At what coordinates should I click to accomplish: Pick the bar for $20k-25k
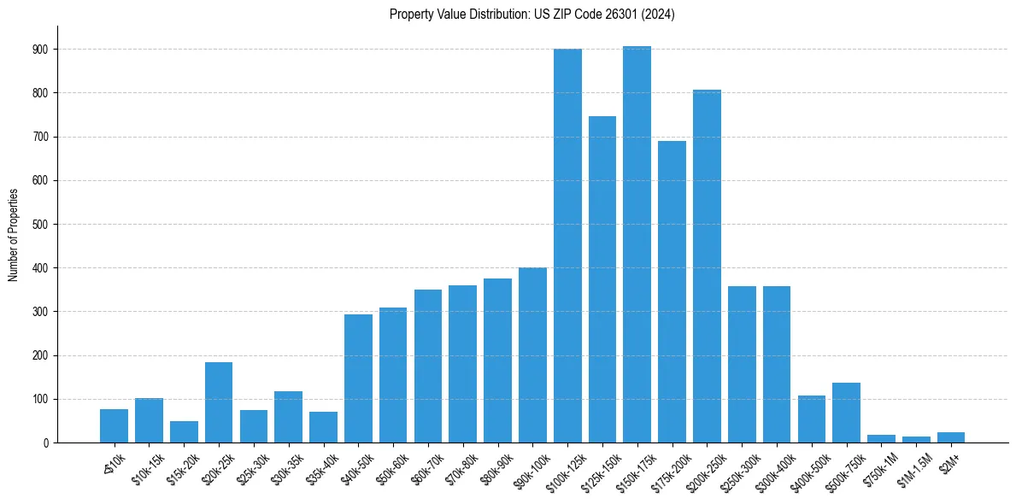(x=219, y=402)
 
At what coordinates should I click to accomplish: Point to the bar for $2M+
(x=950, y=437)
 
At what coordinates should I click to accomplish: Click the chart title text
(x=531, y=15)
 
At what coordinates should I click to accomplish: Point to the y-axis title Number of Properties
(x=14, y=234)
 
